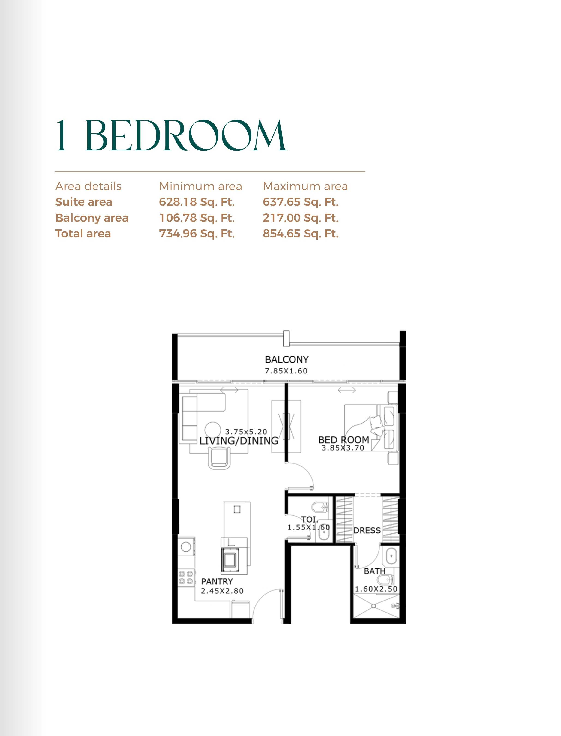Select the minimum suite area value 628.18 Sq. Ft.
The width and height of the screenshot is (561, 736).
[x=197, y=202]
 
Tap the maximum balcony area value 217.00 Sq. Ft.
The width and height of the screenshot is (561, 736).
[x=301, y=218]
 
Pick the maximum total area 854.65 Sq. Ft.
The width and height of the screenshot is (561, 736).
[x=301, y=234]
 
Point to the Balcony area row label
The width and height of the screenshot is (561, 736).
[x=92, y=218]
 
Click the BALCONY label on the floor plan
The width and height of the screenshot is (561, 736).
[x=286, y=360]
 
